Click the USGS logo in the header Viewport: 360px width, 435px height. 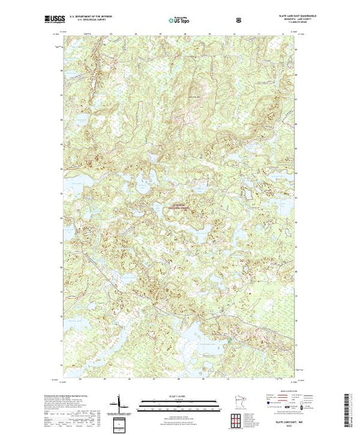(73, 21)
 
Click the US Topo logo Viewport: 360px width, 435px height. (180, 21)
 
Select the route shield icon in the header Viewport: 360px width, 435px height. (238, 21)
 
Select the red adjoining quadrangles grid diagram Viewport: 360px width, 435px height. (239, 418)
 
